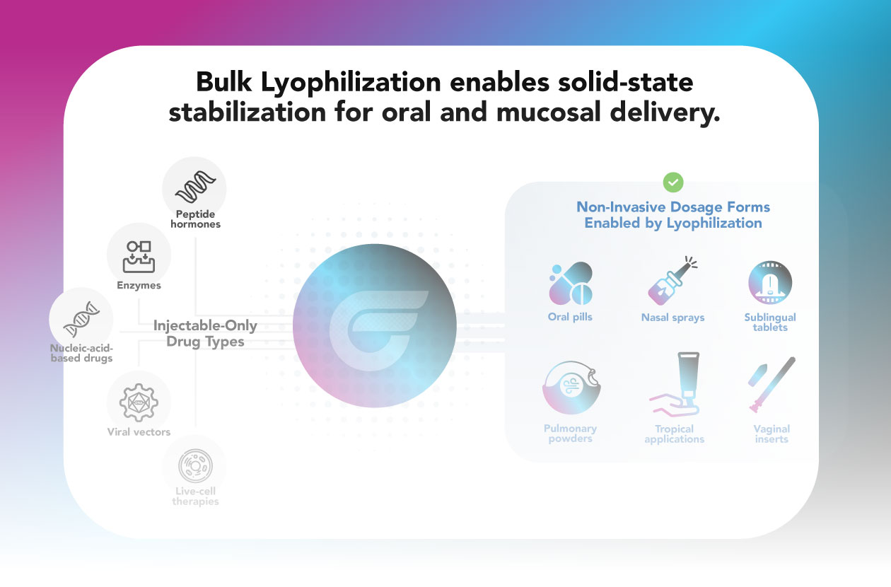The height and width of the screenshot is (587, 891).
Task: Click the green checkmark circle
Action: coord(673,182)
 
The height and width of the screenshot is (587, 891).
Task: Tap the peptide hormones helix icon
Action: coord(195,187)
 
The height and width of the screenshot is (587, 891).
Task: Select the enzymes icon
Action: coord(139,257)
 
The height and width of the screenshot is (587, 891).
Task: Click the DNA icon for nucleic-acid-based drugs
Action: coord(81,319)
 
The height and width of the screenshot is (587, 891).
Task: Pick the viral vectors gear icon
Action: coord(139,402)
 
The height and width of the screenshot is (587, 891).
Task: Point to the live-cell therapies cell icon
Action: coord(195,465)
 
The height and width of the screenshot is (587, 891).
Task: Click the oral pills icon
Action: coord(571,283)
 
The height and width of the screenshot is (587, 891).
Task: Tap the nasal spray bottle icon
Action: coord(672,281)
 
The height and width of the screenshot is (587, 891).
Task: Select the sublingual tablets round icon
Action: coord(770,282)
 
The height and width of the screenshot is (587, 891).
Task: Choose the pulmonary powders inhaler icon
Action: coord(571,388)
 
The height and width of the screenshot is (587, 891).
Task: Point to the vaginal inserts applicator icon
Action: coord(771,385)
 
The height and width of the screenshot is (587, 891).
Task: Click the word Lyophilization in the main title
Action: coord(351,82)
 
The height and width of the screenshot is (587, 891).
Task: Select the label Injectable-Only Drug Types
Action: coord(205,333)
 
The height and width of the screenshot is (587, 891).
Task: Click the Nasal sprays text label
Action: coord(672,318)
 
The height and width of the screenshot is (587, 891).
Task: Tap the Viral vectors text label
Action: coord(139,432)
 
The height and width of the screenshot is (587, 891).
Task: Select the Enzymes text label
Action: coord(139,286)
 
